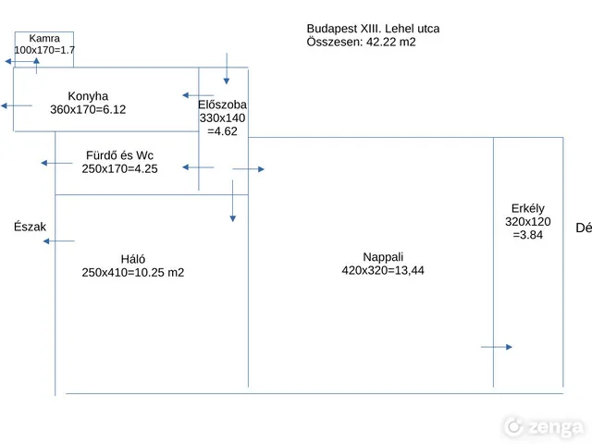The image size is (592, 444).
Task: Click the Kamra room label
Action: coord(44,39)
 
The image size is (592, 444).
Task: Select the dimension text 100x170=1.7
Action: coord(44,50)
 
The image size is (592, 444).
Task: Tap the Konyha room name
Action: coord(88,96)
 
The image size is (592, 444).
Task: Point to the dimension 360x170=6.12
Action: coord(88,109)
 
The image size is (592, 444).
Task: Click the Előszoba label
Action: coord(222,105)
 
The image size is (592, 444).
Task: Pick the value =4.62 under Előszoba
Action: coord(222,131)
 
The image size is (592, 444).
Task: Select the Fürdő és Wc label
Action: coord(119,155)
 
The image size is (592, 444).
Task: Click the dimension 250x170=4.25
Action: coord(119,168)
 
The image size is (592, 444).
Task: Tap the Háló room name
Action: coord(133,259)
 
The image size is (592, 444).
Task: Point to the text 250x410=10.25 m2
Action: coord(133,272)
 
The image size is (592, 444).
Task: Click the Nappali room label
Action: coord(383,257)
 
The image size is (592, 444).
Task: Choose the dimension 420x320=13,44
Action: coord(383,270)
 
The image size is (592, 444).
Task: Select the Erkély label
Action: coord(528,208)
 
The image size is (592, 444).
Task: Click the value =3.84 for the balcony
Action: coord(528,235)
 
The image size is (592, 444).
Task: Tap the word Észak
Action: coord(30,227)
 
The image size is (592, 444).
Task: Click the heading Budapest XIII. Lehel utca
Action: coord(373,29)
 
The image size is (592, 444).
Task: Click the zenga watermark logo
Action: coord(543,427)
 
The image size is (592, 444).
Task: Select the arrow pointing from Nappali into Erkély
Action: coord(497,347)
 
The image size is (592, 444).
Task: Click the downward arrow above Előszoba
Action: coord(227,68)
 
